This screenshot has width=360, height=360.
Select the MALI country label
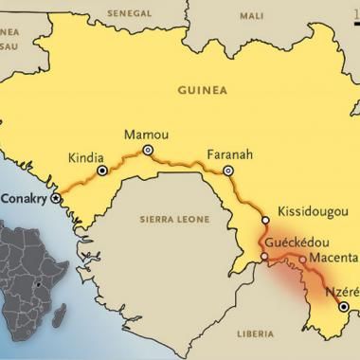tap(252, 16)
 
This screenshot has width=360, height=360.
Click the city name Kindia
tap(88, 157)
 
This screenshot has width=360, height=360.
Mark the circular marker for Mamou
tap(147, 150)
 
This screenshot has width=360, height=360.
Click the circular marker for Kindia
tap(102, 171)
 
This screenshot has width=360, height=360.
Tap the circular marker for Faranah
tap(227, 171)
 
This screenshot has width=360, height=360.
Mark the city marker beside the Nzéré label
tap(343, 307)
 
